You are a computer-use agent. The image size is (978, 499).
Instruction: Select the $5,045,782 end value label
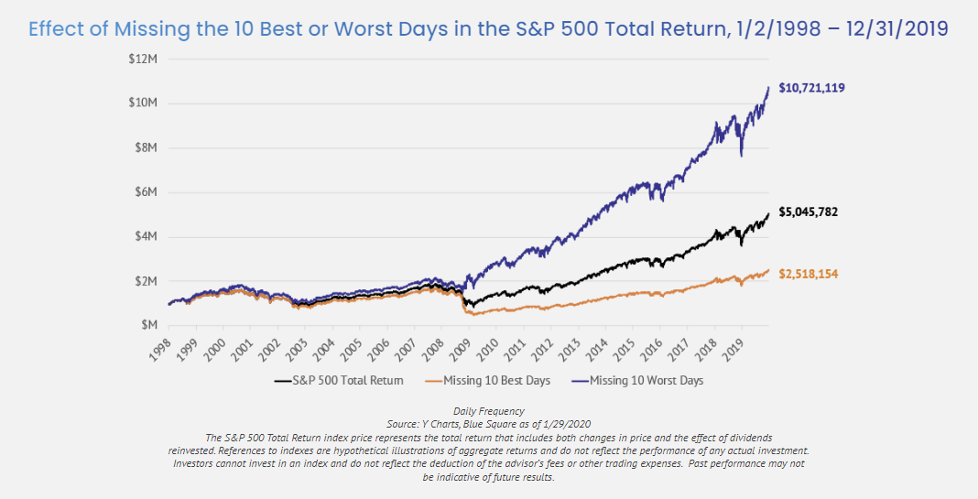809,212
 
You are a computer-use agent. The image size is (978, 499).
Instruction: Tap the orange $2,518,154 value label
809,274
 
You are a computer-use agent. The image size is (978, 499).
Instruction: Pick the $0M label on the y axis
148,325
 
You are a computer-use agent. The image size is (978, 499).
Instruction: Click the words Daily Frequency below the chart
488,411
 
